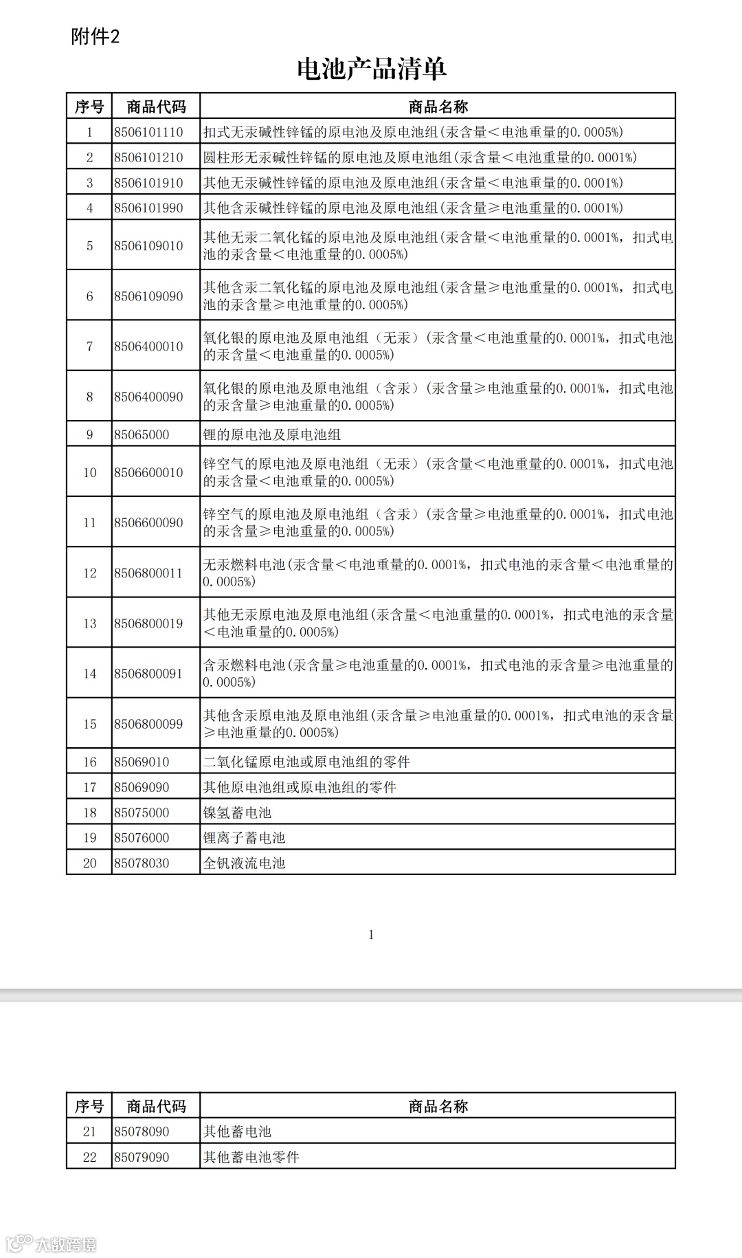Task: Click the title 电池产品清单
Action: pyautogui.click(x=372, y=69)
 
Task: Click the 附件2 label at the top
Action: pyautogui.click(x=95, y=37)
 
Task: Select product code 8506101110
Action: pyautogui.click(x=148, y=132)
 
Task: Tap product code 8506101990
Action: pyautogui.click(x=148, y=208)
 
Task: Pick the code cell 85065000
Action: pyautogui.click(x=142, y=434)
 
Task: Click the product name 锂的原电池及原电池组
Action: pyautogui.click(x=272, y=434)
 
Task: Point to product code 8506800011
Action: pyautogui.click(x=148, y=573)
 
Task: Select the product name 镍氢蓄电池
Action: pyautogui.click(x=237, y=813)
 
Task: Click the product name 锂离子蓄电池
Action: pyautogui.click(x=244, y=837)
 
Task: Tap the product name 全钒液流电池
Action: pyautogui.click(x=244, y=863)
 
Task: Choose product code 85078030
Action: pyautogui.click(x=142, y=863)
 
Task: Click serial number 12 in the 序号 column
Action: pyautogui.click(x=89, y=573)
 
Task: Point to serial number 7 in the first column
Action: pyautogui.click(x=89, y=346)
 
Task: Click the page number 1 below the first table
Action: pyautogui.click(x=371, y=934)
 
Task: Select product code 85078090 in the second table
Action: pyautogui.click(x=142, y=1132)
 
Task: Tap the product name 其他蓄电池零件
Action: pyautogui.click(x=251, y=1157)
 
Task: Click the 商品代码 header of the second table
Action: pyautogui.click(x=156, y=1106)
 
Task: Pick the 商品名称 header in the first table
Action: pyautogui.click(x=438, y=107)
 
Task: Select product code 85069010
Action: pyautogui.click(x=142, y=762)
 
